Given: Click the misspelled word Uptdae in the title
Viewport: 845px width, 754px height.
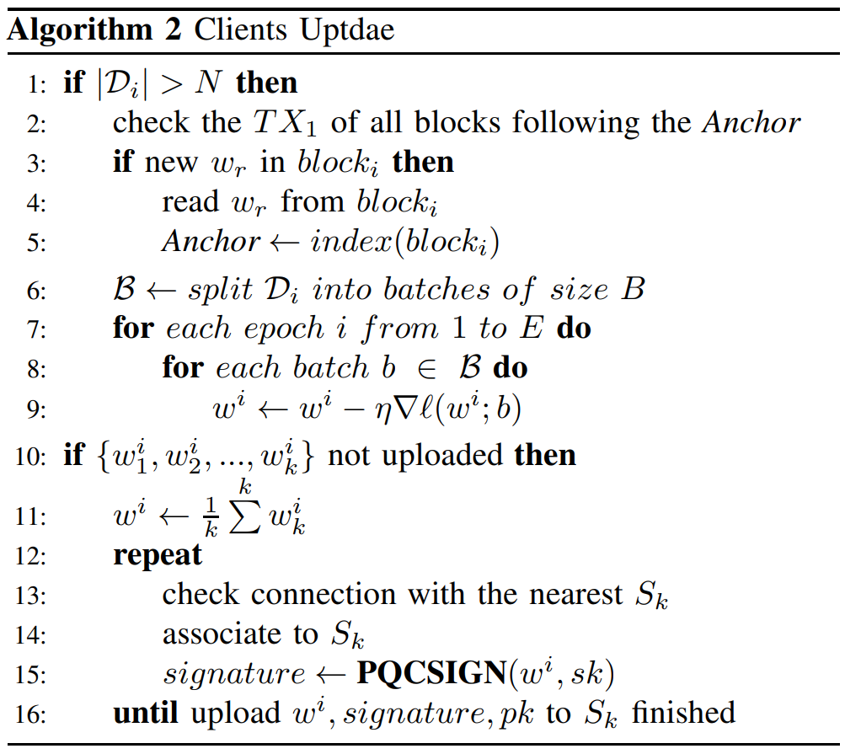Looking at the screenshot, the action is pyautogui.click(x=347, y=30).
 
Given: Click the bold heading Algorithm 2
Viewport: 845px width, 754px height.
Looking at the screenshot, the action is pyautogui.click(x=94, y=30).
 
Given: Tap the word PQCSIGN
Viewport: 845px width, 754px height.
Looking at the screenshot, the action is pyautogui.click(x=431, y=672).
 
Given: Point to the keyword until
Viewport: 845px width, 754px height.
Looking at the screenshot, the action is pyautogui.click(x=146, y=713).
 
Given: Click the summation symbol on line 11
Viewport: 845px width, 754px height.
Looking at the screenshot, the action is pyautogui.click(x=244, y=516).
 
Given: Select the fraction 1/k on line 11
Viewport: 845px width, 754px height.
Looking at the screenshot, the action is pyautogui.click(x=211, y=517).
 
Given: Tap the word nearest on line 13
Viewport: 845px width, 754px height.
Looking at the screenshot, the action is pyautogui.click(x=575, y=595).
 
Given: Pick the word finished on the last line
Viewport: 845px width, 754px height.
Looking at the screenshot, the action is pyautogui.click(x=683, y=713).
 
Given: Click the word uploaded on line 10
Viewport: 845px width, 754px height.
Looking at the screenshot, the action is pyautogui.click(x=442, y=456).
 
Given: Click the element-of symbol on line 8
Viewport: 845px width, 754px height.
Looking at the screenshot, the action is pyautogui.click(x=427, y=369).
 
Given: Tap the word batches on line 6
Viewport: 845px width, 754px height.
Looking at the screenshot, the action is pyautogui.click(x=436, y=290).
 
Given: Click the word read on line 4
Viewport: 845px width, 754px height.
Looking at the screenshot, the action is pyautogui.click(x=190, y=201).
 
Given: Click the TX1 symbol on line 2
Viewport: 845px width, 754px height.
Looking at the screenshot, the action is pyautogui.click(x=285, y=123).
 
